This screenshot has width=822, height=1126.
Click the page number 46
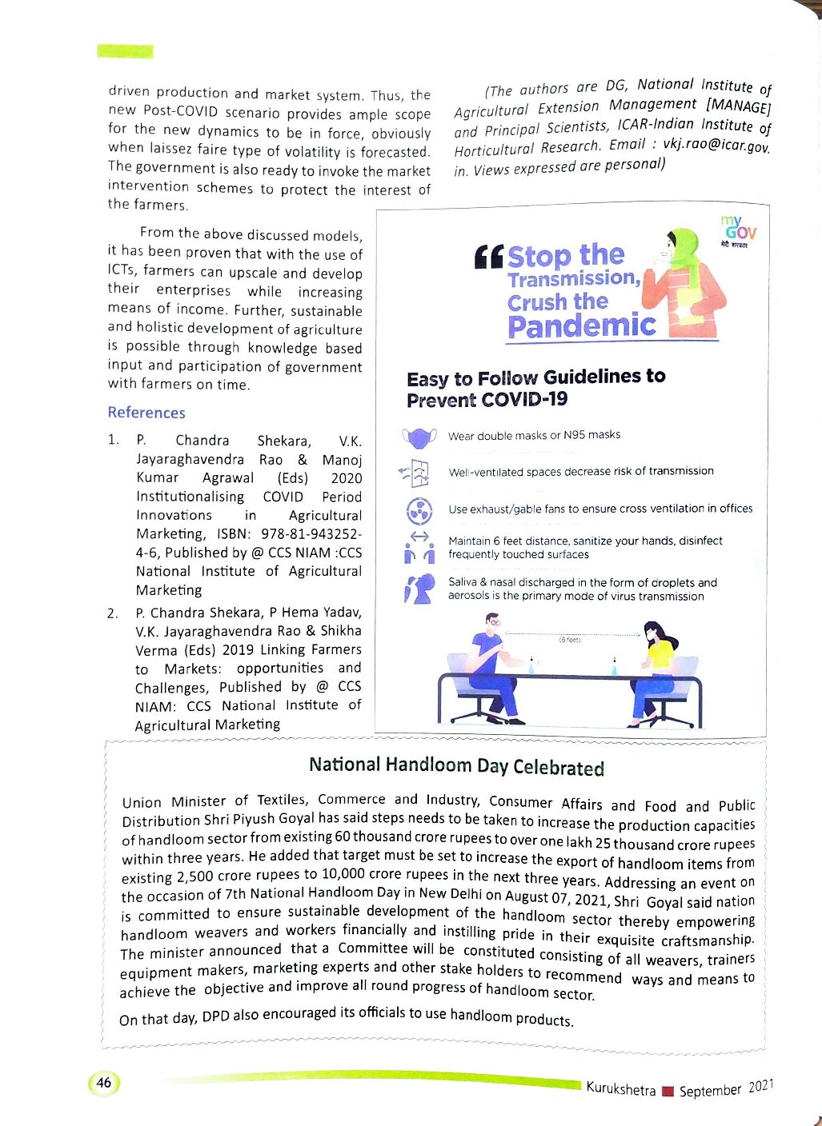[x=104, y=1083]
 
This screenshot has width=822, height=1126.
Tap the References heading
[x=146, y=413]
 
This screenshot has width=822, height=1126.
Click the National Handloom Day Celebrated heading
[x=456, y=766]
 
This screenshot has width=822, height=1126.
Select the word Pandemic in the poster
[x=582, y=326]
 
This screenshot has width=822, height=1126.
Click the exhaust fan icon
[x=419, y=510]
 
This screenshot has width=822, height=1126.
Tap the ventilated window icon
[x=415, y=473]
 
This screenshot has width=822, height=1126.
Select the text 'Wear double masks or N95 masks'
[x=535, y=435]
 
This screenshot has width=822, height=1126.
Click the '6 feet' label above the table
[x=569, y=640]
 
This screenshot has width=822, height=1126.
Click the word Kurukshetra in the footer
[x=620, y=1088]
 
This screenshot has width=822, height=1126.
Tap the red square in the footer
[x=668, y=1091]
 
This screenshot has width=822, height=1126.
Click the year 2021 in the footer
[x=761, y=1086]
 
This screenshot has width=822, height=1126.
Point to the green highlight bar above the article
[x=125, y=51]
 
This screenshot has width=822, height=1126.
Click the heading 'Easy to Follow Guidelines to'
[x=535, y=377]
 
